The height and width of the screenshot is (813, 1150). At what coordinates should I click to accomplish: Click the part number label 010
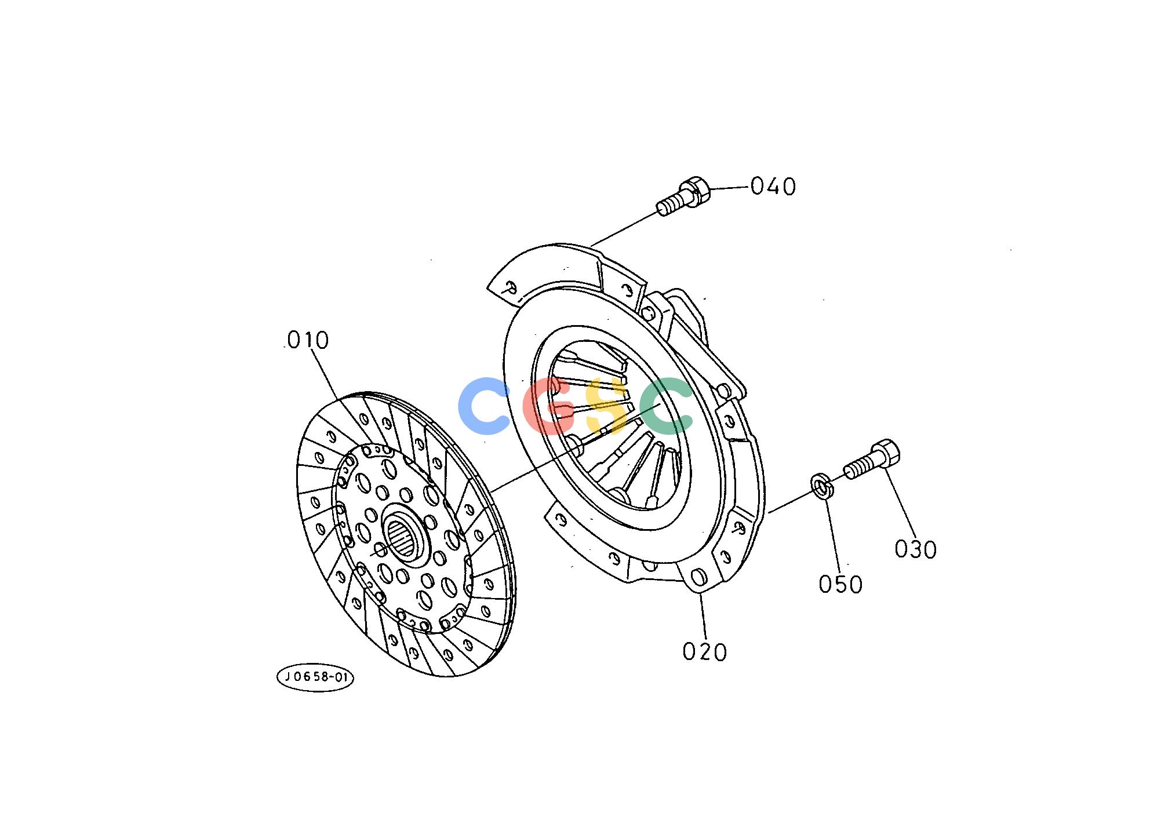(x=308, y=340)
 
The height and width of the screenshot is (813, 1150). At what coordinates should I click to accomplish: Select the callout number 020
(x=704, y=652)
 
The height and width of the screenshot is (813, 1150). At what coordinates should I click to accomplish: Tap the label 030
(x=915, y=549)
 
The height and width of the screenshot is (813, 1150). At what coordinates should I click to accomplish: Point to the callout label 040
(x=773, y=187)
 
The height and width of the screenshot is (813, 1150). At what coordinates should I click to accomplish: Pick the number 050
(x=840, y=584)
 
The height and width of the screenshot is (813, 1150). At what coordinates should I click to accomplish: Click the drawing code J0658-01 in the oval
(x=315, y=677)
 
